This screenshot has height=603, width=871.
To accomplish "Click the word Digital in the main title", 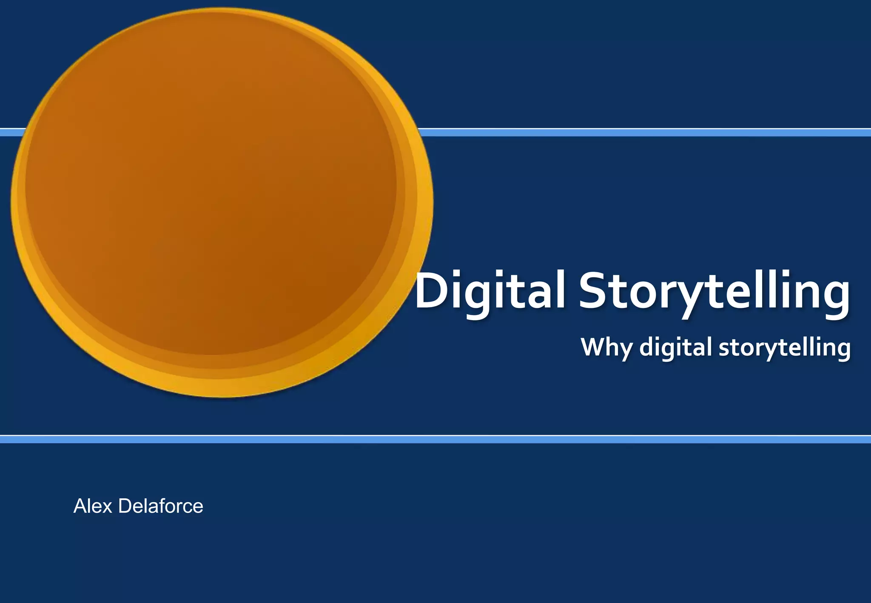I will tap(490, 291).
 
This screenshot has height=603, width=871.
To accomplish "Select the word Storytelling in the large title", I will tap(714, 291).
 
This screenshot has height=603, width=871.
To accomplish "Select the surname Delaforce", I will tap(161, 506).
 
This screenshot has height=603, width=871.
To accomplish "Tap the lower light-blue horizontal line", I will tap(435, 439).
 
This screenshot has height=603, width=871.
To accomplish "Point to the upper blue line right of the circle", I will tap(638, 132).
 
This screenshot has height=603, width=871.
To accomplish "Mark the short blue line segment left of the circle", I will tap(12, 132).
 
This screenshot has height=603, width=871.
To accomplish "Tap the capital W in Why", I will tap(594, 346).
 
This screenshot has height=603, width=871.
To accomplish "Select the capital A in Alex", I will tap(81, 506).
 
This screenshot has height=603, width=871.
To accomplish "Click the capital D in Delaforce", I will tap(126, 506).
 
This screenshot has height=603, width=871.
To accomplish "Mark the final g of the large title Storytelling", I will tap(836, 298).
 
